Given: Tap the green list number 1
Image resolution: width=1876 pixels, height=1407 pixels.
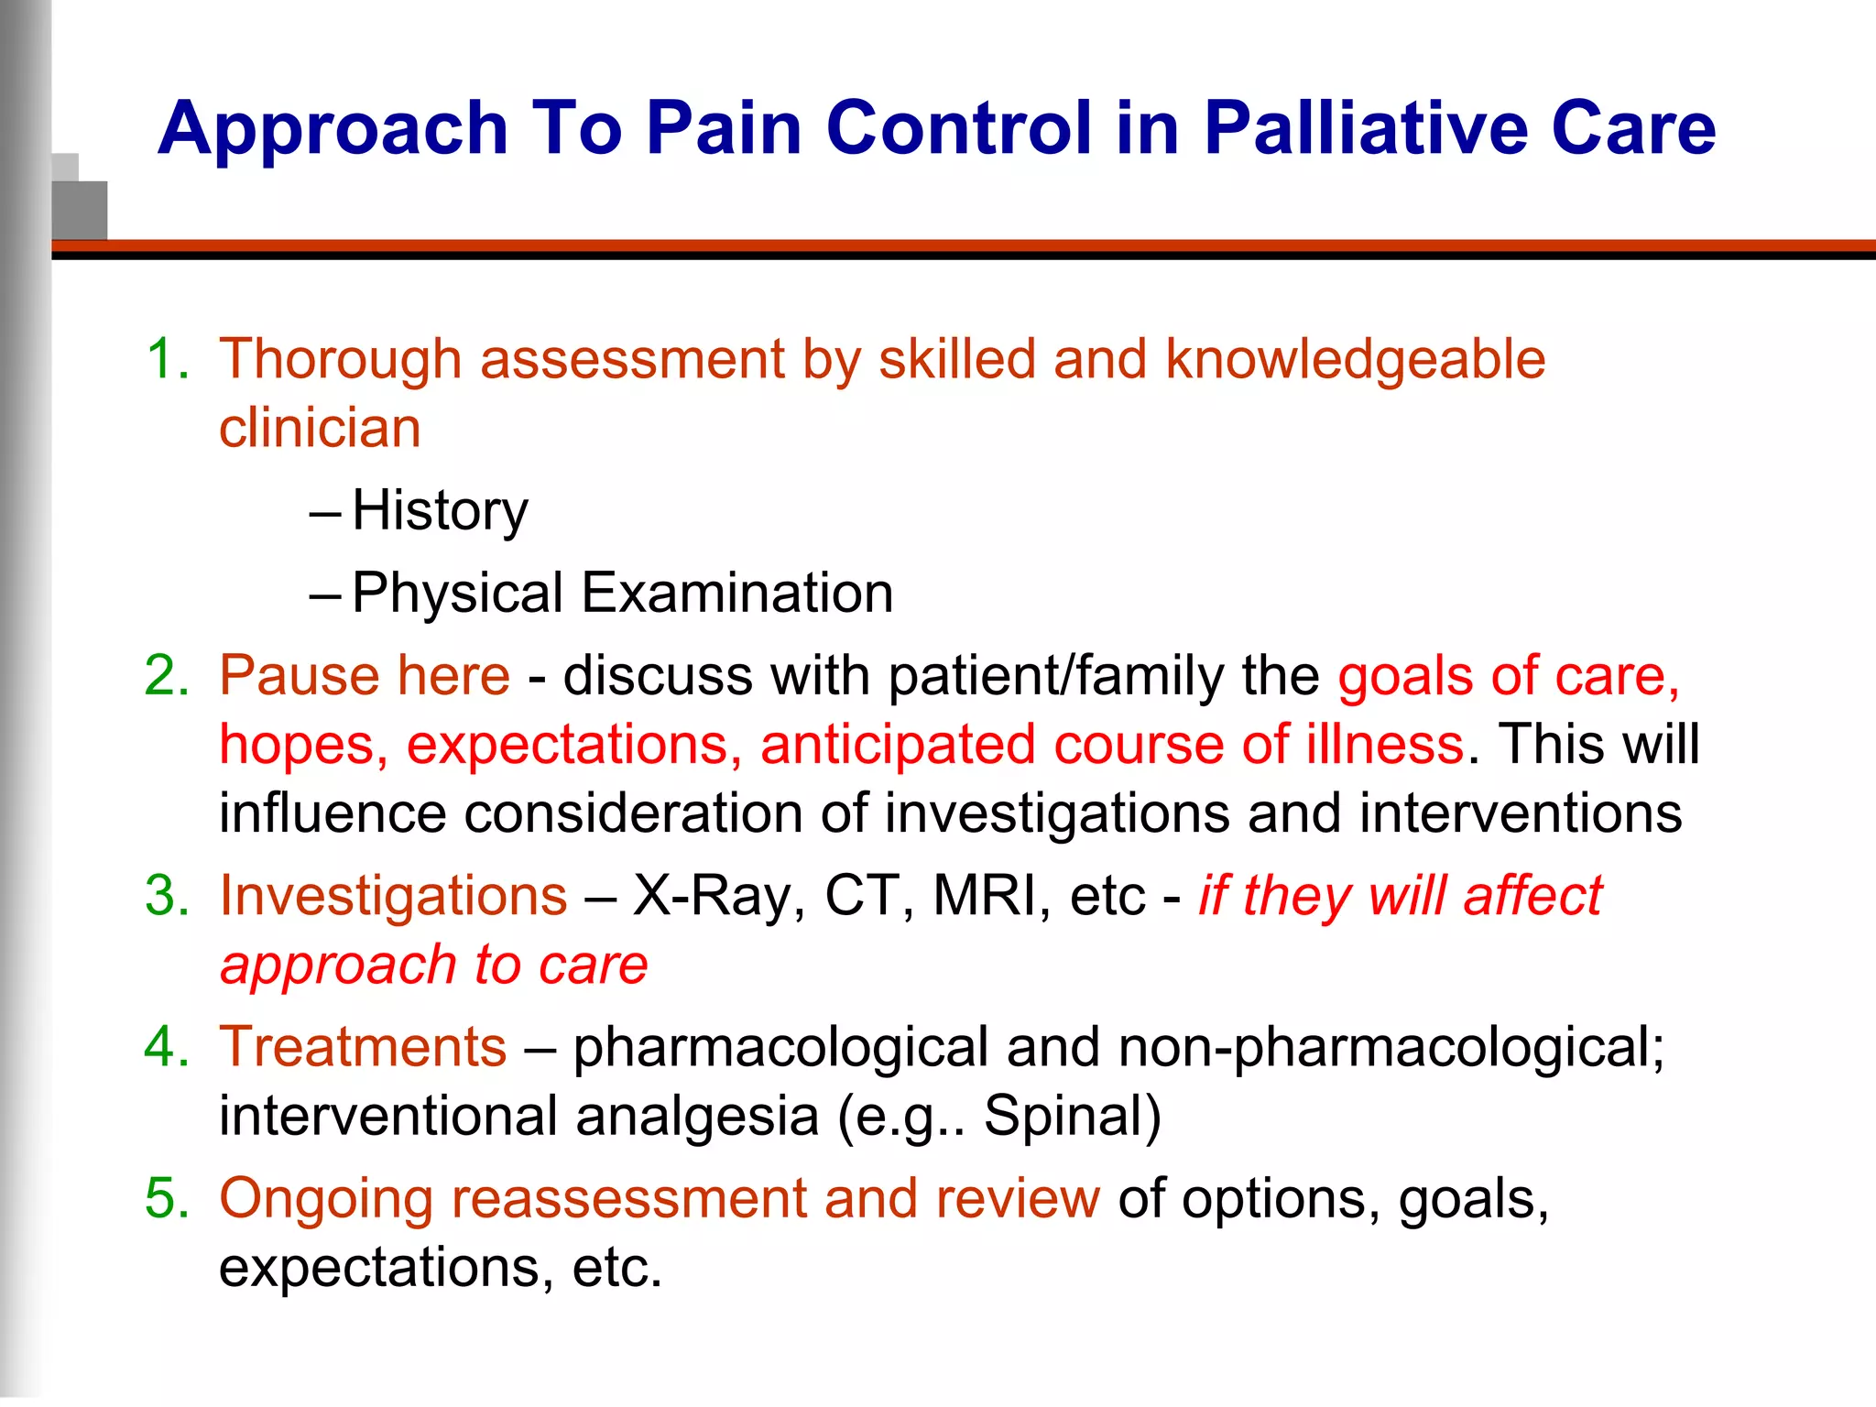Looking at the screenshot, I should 165,358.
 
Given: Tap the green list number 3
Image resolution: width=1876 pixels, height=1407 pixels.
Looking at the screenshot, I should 165,895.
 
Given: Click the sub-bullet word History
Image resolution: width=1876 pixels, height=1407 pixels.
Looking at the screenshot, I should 440,510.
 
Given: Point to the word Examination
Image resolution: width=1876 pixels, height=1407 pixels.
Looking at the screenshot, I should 737,593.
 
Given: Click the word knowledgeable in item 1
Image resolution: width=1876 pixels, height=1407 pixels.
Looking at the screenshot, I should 1355,360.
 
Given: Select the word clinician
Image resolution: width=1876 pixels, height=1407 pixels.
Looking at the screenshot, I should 320,429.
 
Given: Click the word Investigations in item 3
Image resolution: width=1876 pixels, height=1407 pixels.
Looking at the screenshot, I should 393,897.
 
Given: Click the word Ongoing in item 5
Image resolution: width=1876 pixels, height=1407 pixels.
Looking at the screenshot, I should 325,1200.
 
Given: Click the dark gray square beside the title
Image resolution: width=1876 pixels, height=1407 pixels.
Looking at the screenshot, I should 80,210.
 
